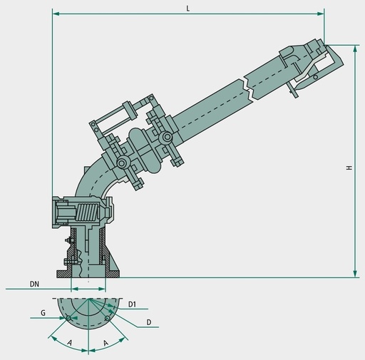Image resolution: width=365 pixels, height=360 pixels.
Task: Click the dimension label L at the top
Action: (188, 9)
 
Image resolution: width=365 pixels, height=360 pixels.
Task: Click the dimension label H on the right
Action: (349, 168)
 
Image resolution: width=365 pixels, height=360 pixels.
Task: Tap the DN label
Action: (34, 284)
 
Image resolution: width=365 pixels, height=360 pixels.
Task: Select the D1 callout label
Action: (132, 304)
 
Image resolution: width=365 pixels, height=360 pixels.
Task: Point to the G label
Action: (43, 313)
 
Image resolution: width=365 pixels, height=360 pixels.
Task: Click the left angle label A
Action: (69, 343)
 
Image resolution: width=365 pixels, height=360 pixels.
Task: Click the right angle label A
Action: (106, 343)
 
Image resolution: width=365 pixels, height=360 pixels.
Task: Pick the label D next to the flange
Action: (149, 322)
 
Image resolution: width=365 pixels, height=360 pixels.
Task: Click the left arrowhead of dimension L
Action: (56, 14)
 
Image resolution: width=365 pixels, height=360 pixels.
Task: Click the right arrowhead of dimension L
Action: (321, 14)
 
